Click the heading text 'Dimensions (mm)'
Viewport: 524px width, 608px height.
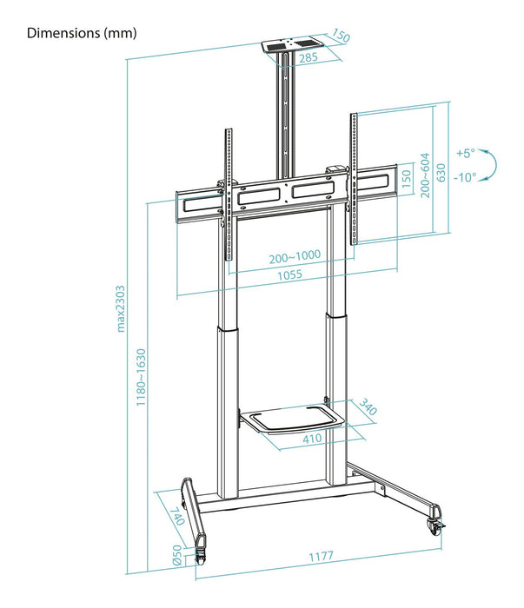pyautogui.click(x=82, y=34)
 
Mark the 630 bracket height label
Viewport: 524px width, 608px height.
pyautogui.click(x=441, y=173)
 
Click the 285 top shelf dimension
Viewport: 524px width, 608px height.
pyautogui.click(x=307, y=59)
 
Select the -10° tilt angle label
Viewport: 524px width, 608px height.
pyautogui.click(x=466, y=177)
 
